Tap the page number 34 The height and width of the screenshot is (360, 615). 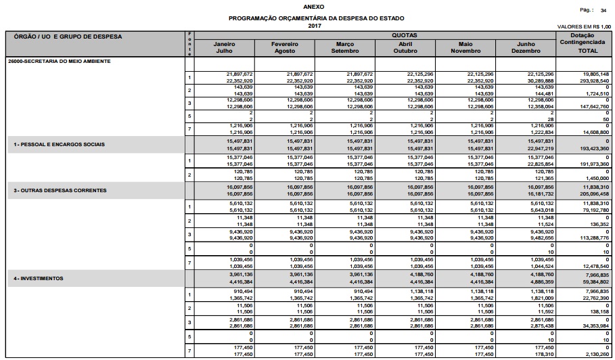pos(603,11)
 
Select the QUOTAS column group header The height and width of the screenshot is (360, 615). pos(403,35)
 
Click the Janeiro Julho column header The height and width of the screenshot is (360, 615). pos(224,47)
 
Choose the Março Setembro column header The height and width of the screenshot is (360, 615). pos(345,47)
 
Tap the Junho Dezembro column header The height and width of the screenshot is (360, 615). pos(525,47)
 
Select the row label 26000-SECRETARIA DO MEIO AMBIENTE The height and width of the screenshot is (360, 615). pos(50,61)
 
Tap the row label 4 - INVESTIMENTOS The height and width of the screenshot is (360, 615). pos(39,278)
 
